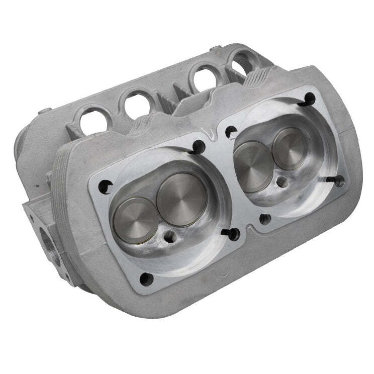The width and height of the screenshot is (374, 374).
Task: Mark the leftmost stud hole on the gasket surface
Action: coord(104,187)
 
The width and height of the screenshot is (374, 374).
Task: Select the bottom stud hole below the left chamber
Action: coord(146,278)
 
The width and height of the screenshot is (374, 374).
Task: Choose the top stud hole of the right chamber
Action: coord(309,100)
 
